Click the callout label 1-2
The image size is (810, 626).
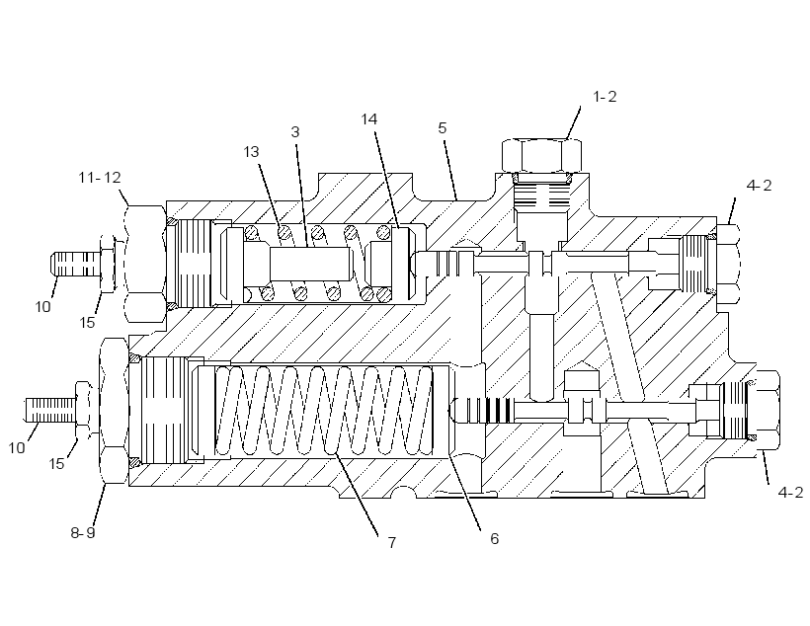point(605,97)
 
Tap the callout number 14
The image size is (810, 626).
point(368,119)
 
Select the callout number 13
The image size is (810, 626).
point(251,152)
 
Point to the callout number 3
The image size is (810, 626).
point(295,132)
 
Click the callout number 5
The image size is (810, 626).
point(443,128)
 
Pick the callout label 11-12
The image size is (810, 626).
point(100,178)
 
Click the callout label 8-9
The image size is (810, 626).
point(83,532)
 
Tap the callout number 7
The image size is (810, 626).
point(391,542)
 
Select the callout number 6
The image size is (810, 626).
point(494,539)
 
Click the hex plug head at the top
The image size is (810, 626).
point(541,155)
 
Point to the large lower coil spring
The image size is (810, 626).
point(324,410)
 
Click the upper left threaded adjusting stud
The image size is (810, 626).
point(75,264)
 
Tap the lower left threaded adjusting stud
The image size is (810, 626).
point(50,410)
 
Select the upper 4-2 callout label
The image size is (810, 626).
point(759,186)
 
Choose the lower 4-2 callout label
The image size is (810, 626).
point(790,493)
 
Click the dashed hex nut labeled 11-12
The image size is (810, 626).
point(145,264)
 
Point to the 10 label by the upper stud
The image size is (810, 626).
point(42,307)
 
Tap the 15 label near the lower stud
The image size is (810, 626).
point(56,464)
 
